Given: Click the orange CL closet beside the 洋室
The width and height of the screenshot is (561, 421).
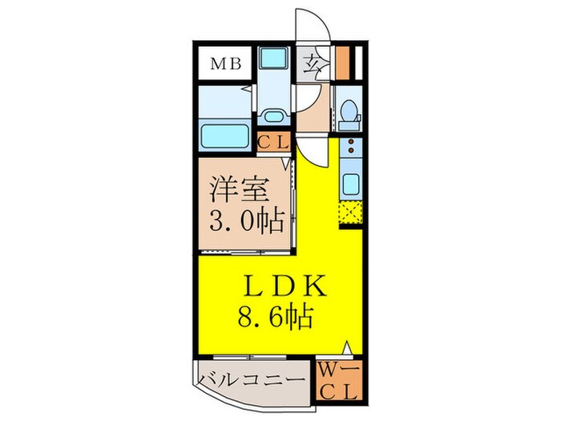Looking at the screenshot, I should click(275, 144).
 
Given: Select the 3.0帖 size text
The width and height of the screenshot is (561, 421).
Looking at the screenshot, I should click(240, 220).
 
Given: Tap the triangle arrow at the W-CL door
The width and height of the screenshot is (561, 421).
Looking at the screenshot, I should click(346, 348).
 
